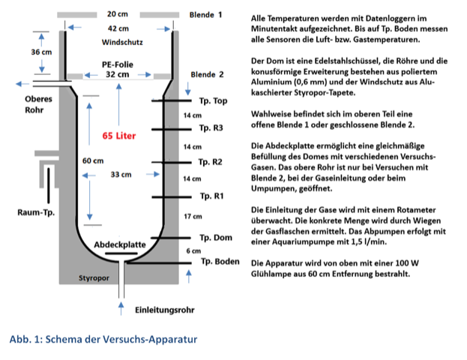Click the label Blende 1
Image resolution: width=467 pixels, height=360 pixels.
coord(206,14)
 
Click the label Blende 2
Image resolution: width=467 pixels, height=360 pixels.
coord(206,74)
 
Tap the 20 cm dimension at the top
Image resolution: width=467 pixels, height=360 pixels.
coord(116,14)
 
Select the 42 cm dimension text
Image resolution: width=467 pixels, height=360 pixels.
coord(116,28)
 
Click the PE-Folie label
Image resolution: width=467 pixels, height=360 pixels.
coord(118,64)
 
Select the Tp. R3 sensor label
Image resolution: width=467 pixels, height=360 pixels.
coord(211,128)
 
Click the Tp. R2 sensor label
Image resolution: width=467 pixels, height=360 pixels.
coord(211,162)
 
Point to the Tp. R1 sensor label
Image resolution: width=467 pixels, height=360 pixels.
coord(211,196)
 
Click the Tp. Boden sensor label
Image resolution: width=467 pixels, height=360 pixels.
coord(220,262)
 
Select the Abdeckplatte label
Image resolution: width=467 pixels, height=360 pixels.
coord(121,244)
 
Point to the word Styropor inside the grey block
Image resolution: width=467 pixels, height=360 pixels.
coord(95,277)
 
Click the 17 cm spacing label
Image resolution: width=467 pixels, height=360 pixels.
coord(192,216)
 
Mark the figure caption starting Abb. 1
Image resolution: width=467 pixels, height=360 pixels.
coord(103,339)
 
